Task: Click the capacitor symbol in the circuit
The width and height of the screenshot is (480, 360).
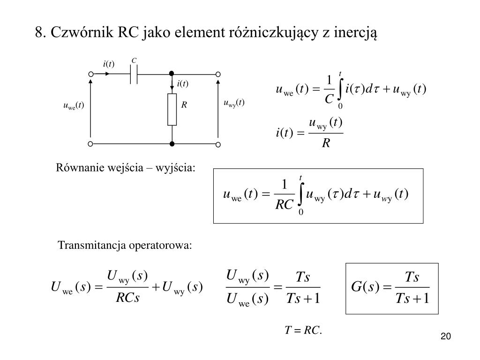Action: click(x=134, y=74)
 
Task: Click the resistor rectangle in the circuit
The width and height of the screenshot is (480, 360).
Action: click(x=172, y=109)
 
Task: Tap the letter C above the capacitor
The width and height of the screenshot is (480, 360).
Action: click(x=134, y=61)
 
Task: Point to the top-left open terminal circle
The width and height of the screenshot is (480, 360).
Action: click(x=90, y=74)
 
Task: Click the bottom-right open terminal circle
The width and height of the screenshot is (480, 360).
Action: click(x=218, y=144)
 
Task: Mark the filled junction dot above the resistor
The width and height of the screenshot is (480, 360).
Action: click(x=172, y=74)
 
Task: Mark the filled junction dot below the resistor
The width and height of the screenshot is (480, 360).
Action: click(x=172, y=144)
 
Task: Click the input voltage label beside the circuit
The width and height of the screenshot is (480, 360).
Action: click(x=73, y=105)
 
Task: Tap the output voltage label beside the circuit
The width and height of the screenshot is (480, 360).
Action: click(x=234, y=103)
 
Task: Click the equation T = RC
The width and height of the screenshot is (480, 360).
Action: click(x=303, y=331)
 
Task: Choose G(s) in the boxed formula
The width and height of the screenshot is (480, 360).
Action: click(x=365, y=287)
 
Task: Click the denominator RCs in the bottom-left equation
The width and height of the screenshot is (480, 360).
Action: click(x=128, y=298)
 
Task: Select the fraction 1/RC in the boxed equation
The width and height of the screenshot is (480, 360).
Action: click(x=284, y=194)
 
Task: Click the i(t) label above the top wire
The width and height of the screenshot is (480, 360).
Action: click(x=109, y=64)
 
